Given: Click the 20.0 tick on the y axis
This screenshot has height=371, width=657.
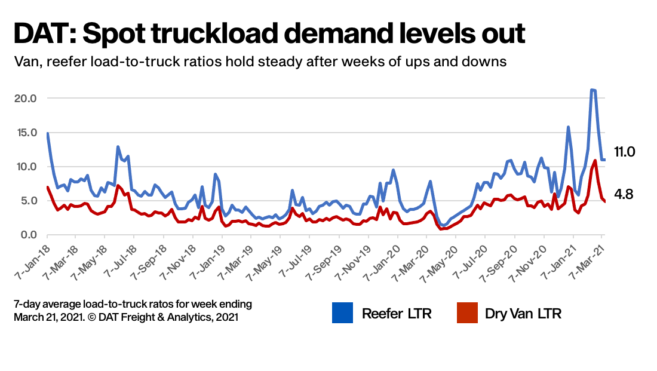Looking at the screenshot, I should point(24,98).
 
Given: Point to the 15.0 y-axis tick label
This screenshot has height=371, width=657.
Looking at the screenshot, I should point(24,132).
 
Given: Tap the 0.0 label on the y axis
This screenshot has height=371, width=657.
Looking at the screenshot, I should point(27,235).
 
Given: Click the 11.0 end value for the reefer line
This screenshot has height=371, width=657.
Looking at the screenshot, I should point(625,152).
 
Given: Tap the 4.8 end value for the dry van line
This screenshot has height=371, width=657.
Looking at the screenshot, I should point(624,194).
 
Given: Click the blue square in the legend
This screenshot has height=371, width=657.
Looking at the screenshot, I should point(343,313).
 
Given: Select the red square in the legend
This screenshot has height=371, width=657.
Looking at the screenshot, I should point(467,313).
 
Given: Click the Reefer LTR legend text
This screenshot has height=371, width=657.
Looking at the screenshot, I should point(396,313).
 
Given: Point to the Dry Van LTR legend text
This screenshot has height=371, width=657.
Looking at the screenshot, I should point(523,313).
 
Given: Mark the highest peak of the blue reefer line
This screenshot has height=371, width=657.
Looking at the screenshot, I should point(592,90).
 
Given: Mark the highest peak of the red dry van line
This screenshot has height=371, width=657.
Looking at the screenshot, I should point(595,160).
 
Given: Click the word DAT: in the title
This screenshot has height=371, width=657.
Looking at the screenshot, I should point(42,34).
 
